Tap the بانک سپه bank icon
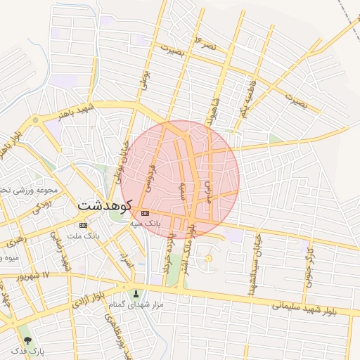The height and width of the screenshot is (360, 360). click(x=145, y=213)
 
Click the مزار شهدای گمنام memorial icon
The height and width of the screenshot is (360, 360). click(x=136, y=293)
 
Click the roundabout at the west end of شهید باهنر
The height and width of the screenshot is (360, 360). click(x=35, y=120)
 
